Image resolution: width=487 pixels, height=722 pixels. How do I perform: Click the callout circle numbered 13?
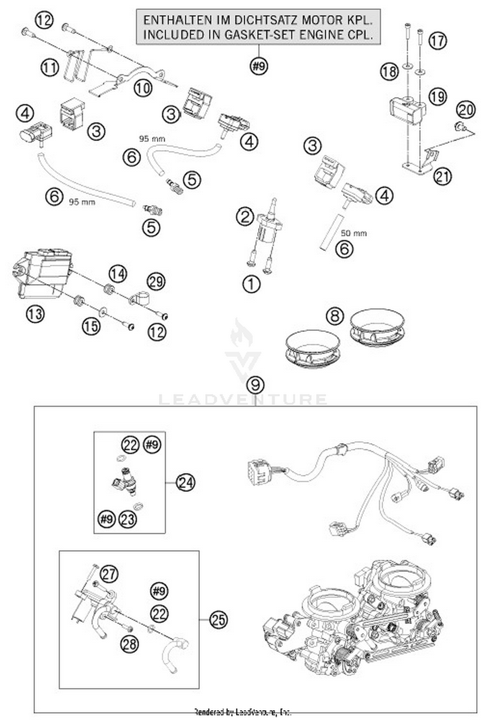click(x=35, y=314)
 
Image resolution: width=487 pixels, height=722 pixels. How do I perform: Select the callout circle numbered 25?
click(x=218, y=619)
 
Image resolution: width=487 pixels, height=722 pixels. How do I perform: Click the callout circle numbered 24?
click(x=186, y=483)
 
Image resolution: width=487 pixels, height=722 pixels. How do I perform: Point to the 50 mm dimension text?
click(x=354, y=233)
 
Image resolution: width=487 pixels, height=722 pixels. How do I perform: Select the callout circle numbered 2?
click(x=245, y=217)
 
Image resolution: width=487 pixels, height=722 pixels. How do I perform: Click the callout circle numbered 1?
click(x=251, y=284)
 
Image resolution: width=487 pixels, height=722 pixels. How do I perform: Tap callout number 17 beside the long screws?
click(x=437, y=41)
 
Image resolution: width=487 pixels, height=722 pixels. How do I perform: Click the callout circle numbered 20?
click(x=466, y=110)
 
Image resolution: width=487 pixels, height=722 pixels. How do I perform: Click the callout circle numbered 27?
click(x=109, y=573)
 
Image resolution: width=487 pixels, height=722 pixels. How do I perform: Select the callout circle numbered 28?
click(x=129, y=644)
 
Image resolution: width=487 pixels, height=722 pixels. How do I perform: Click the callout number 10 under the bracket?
click(x=143, y=88)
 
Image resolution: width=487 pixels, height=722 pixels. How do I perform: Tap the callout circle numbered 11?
click(x=50, y=68)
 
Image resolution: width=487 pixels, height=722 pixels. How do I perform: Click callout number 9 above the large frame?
click(x=255, y=385)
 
